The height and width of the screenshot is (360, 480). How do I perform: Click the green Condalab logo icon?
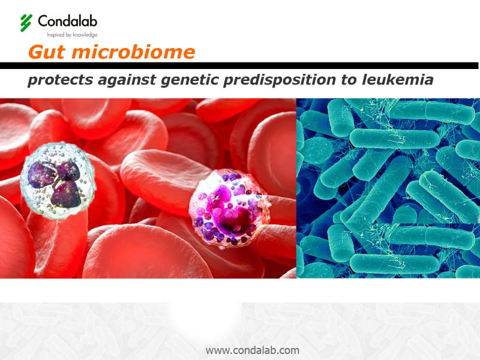point(26,23)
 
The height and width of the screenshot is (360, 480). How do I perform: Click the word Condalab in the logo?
point(68,21)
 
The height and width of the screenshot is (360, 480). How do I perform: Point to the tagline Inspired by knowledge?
point(72,35)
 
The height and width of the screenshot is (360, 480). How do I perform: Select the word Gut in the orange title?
point(47,52)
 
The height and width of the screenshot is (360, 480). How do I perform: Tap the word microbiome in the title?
point(133,52)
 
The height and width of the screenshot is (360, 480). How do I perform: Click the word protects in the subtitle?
point(61,80)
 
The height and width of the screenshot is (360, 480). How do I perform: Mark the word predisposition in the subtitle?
point(280,80)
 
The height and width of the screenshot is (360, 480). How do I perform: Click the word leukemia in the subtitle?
point(398,80)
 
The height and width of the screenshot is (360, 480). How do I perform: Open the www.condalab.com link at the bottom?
point(253,350)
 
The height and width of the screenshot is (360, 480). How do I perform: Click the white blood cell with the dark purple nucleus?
point(58,181)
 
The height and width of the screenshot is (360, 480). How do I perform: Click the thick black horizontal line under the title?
point(239,66)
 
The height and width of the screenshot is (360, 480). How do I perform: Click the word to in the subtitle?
point(349,80)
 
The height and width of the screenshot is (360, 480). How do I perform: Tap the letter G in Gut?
point(35,52)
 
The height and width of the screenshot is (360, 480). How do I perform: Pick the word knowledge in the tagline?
point(85,35)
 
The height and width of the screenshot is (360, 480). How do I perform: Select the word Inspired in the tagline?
point(55,35)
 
